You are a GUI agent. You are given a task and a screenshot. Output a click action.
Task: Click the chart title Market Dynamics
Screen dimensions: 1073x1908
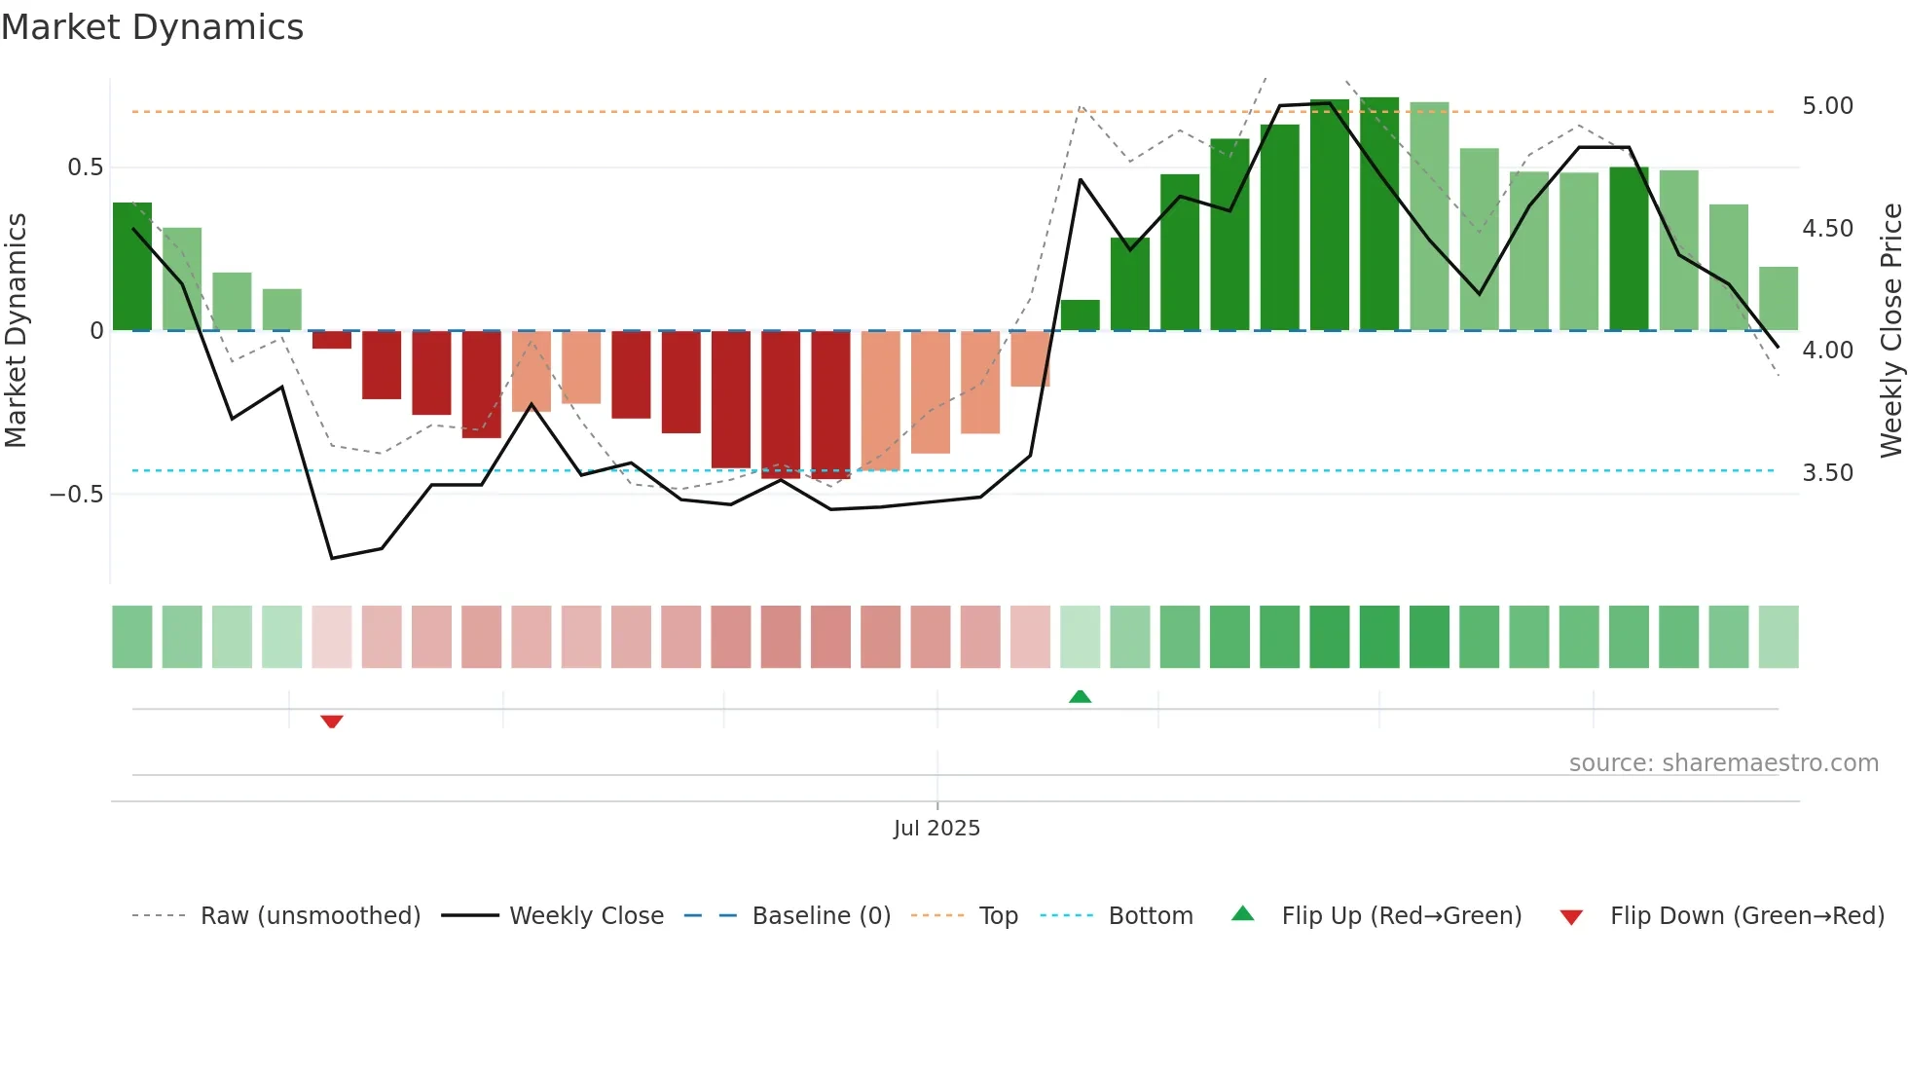tap(152, 27)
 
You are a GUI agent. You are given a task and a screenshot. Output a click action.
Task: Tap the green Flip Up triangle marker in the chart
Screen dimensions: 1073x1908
tap(1080, 696)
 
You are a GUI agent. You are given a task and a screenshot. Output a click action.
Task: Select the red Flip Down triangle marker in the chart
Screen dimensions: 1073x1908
tap(332, 721)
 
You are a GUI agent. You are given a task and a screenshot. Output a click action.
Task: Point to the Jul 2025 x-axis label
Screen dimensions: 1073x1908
tap(936, 829)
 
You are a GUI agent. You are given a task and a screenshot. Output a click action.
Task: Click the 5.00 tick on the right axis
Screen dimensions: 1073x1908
tap(1827, 106)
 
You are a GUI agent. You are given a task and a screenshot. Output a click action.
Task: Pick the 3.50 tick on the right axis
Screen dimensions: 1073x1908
tap(1827, 473)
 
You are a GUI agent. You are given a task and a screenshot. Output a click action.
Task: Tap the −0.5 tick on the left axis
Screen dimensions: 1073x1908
tap(77, 495)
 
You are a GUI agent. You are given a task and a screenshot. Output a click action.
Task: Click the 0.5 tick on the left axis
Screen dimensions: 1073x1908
tap(85, 167)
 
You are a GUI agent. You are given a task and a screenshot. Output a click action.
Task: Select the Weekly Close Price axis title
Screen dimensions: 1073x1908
tap(1890, 330)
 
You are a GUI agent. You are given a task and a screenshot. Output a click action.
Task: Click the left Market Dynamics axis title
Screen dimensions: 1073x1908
tap(16, 330)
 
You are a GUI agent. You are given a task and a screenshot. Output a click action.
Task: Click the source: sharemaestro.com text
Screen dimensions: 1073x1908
tap(1723, 763)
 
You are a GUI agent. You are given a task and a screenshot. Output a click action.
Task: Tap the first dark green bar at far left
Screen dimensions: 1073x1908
tap(132, 267)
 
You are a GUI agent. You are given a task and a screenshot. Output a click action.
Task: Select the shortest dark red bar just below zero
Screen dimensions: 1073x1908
tap(332, 340)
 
